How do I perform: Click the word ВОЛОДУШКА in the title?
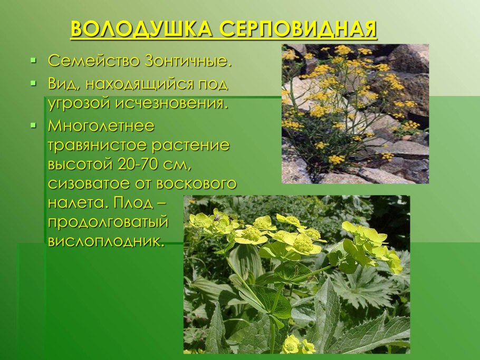[x=142, y=30]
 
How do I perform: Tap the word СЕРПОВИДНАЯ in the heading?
[x=299, y=30]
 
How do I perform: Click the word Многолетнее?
[x=101, y=127]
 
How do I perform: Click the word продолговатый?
[x=108, y=222]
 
